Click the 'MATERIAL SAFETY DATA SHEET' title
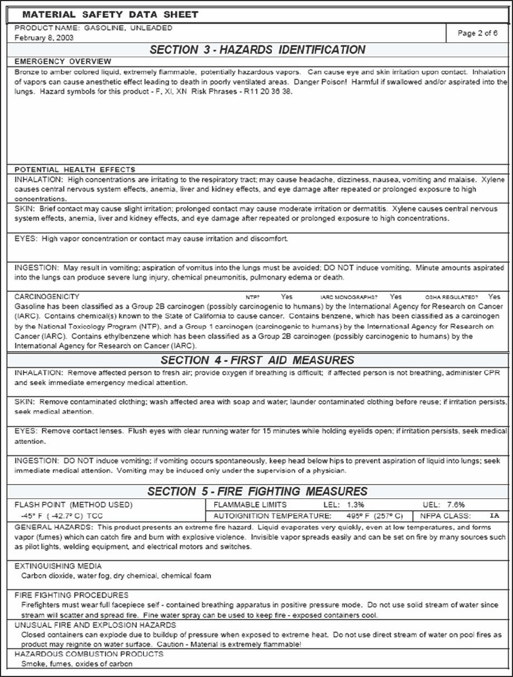pyautogui.click(x=110, y=15)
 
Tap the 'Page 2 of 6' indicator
pyautogui.click(x=477, y=33)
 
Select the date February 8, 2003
pyautogui.click(x=44, y=38)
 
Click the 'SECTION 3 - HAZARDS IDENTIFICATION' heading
pyautogui.click(x=257, y=50)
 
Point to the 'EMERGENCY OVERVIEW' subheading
pyautogui.click(x=63, y=61)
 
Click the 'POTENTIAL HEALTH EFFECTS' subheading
pyautogui.click(x=75, y=169)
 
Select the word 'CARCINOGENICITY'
pyautogui.click(x=47, y=297)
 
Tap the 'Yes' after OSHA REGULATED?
pyautogui.click(x=494, y=296)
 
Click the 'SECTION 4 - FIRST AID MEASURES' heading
pyautogui.click(x=257, y=360)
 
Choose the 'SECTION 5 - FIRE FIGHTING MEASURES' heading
pyautogui.click(x=257, y=491)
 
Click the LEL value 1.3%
pyautogui.click(x=352, y=505)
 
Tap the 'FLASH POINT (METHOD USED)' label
pyautogui.click(x=74, y=505)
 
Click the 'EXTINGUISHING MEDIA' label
pyautogui.click(x=58, y=566)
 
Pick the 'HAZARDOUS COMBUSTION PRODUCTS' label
pyautogui.click(x=89, y=654)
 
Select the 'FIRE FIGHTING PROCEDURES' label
pyautogui.click(x=71, y=595)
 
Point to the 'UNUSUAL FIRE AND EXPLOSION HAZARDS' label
pyautogui.click(x=95, y=625)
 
